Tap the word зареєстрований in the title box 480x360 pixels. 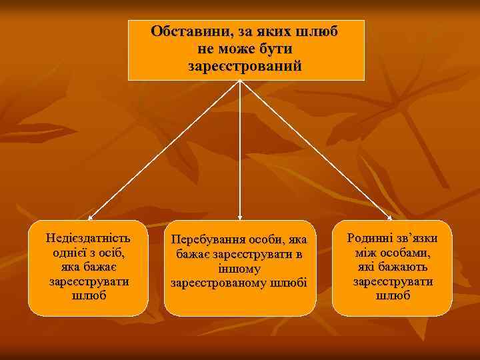point(245,67)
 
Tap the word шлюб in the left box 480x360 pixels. point(88,296)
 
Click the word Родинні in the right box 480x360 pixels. point(370,239)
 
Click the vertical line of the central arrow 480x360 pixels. point(240,147)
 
